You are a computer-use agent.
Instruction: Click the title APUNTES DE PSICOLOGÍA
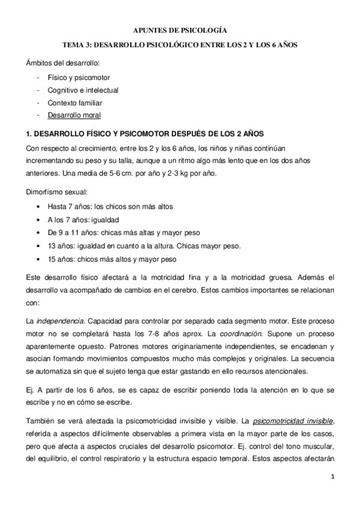tap(180, 29)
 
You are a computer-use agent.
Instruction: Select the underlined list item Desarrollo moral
tap(74, 115)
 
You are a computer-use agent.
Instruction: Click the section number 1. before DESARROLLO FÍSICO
tap(29, 132)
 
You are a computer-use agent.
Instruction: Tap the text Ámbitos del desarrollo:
tap(63, 63)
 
